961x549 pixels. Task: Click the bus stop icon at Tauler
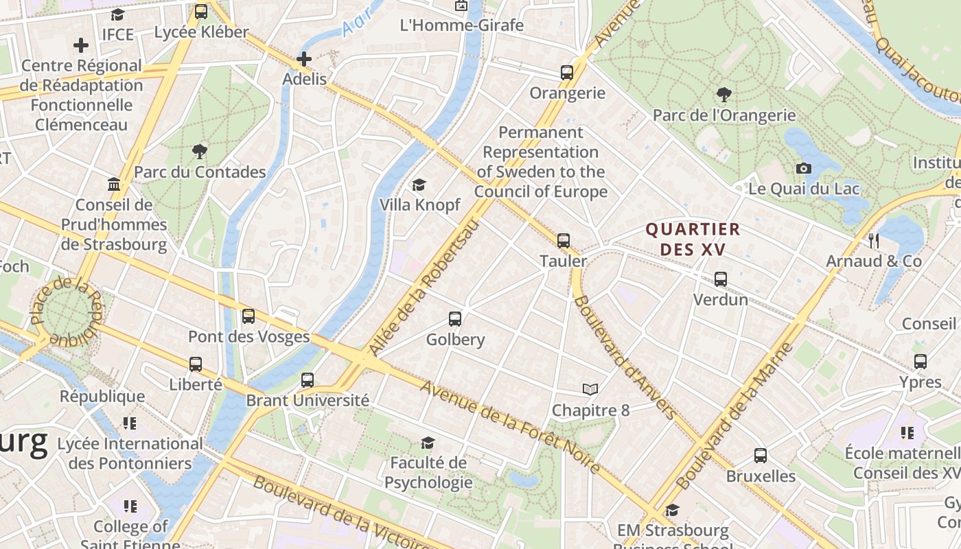564,240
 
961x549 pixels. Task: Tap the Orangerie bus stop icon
567,73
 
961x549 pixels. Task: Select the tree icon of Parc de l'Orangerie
723,95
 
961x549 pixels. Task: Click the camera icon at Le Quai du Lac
803,168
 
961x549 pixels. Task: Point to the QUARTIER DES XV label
693,239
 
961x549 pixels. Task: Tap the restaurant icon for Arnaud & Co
874,240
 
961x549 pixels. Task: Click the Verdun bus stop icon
720,279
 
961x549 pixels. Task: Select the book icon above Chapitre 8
590,390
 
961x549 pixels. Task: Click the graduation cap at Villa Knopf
419,185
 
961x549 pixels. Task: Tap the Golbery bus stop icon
455,318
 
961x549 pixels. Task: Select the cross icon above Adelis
304,59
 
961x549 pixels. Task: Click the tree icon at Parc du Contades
200,151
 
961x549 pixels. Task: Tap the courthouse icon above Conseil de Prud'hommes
114,185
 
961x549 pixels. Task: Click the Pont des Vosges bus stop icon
248,316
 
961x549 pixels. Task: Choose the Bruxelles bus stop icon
760,455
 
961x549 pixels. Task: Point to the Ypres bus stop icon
921,361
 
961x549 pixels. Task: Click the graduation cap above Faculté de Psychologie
428,443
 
